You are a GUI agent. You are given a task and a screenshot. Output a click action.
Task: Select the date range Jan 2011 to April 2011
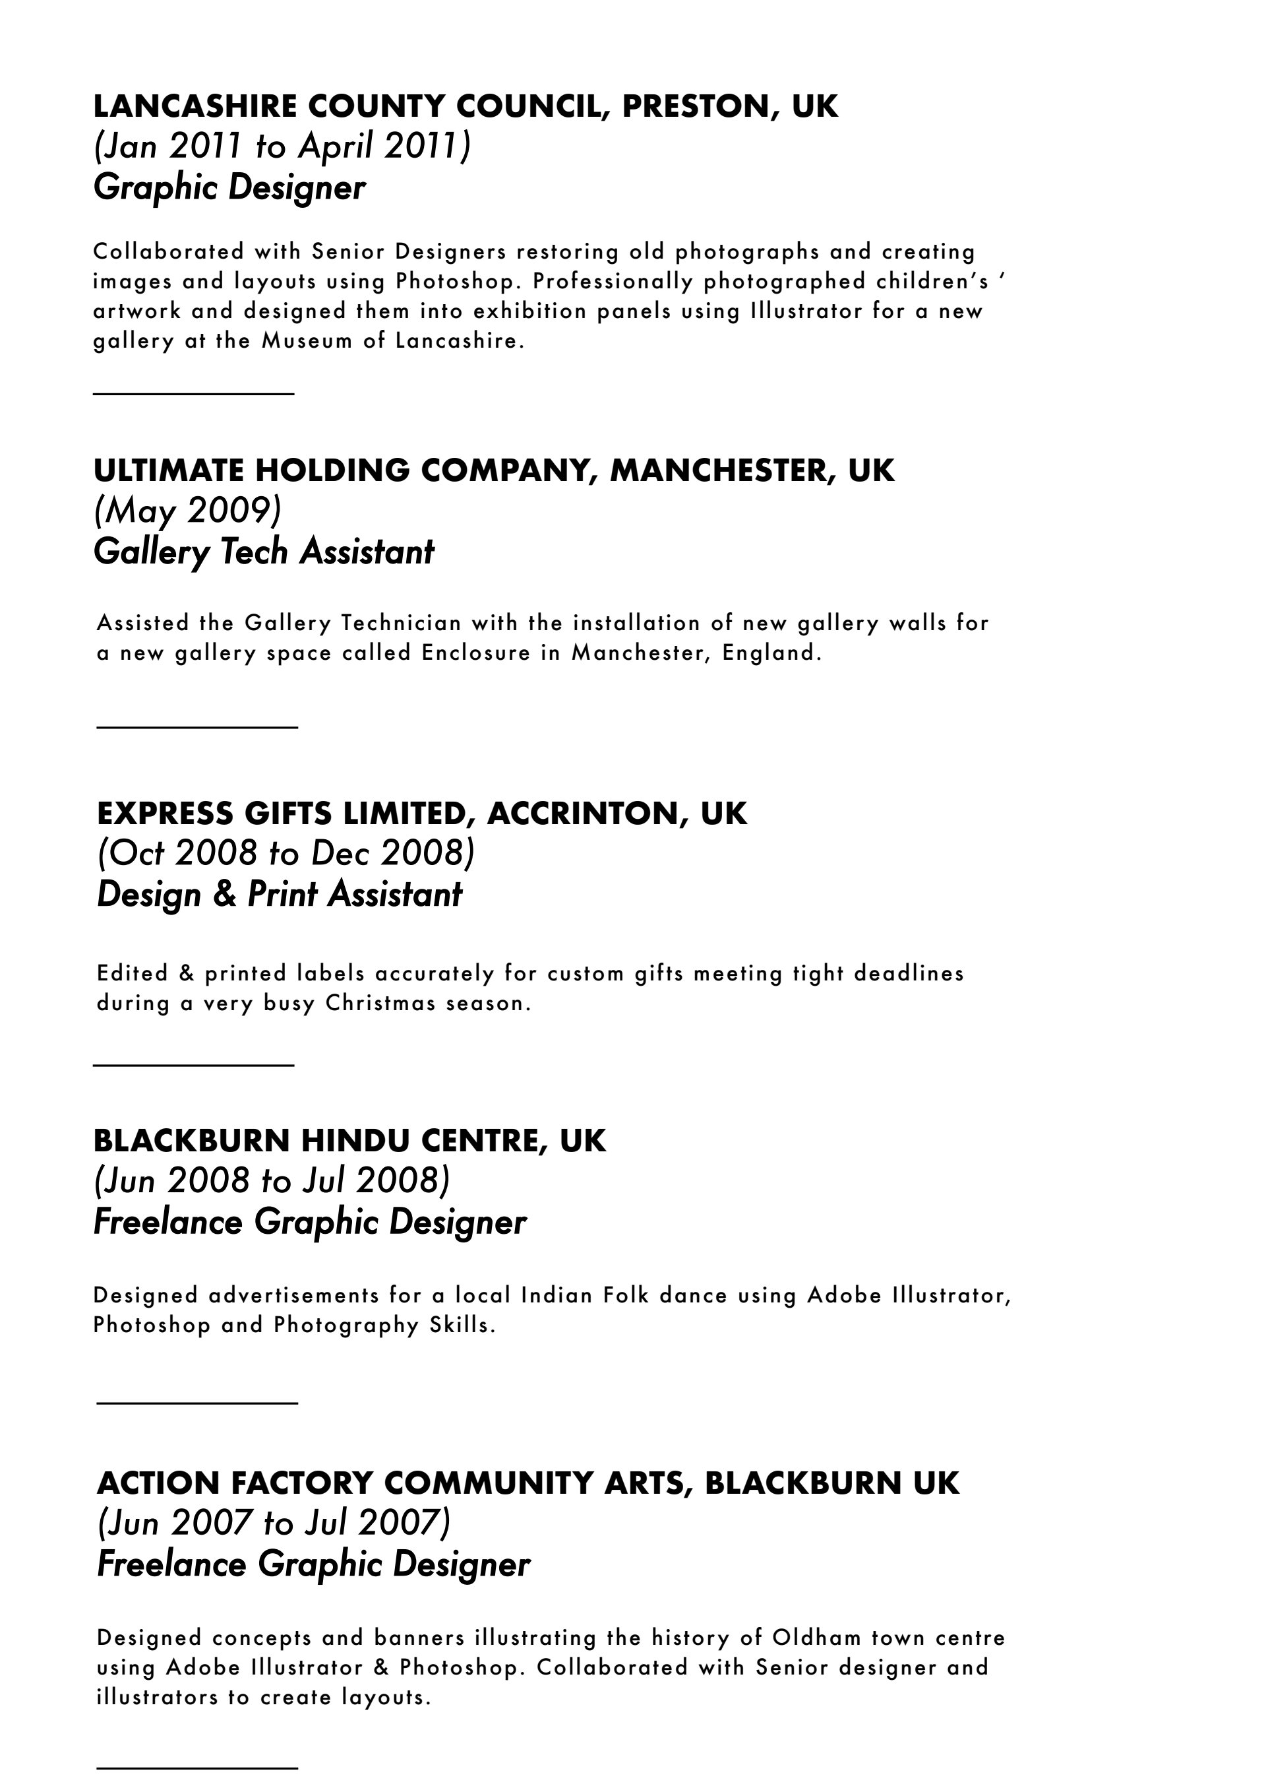click(x=282, y=146)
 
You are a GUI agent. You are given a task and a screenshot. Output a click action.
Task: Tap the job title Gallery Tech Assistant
click(x=264, y=551)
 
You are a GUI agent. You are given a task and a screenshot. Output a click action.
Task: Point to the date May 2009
click(x=187, y=511)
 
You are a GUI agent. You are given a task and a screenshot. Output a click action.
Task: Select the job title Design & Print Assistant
click(x=280, y=893)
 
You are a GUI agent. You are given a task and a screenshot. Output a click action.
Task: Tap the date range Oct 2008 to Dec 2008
click(x=286, y=853)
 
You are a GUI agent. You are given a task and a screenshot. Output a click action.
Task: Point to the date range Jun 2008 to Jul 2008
click(x=272, y=1181)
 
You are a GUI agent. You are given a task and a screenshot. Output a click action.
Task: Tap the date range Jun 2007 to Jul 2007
click(x=274, y=1523)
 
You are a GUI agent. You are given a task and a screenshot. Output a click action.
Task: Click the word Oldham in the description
click(x=817, y=1638)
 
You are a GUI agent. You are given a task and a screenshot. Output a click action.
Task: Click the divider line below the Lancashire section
click(x=193, y=394)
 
